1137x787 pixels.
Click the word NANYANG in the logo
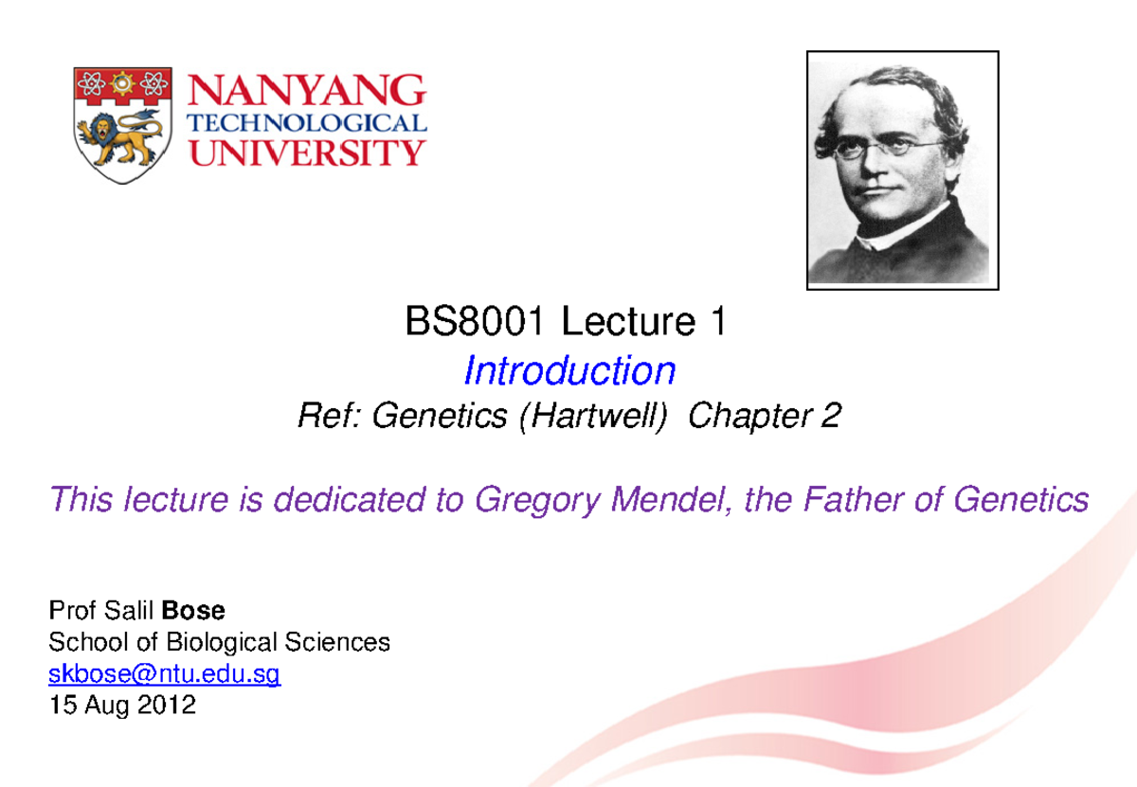click(309, 92)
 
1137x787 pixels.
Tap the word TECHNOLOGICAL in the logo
click(309, 123)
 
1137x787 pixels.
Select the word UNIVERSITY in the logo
click(309, 152)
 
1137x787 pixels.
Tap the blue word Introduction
click(568, 370)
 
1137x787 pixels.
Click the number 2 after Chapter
click(831, 417)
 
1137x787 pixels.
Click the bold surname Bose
click(194, 611)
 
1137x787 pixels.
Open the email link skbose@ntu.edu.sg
click(164, 674)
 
